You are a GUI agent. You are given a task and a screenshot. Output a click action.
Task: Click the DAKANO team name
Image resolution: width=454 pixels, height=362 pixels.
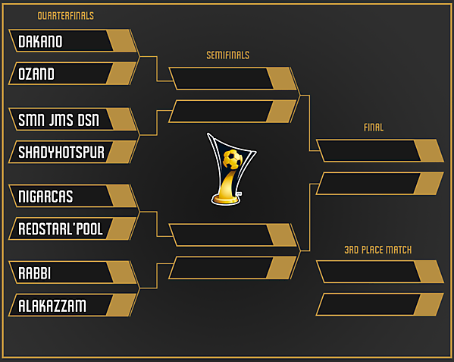40,41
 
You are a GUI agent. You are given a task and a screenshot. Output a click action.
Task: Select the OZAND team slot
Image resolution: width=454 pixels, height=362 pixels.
36,74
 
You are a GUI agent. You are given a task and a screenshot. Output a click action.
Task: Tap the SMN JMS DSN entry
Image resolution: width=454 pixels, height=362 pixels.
58,119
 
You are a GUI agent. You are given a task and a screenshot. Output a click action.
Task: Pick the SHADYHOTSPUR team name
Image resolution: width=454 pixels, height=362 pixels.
61,152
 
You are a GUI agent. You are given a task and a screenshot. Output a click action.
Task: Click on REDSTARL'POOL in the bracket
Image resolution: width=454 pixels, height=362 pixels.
61,228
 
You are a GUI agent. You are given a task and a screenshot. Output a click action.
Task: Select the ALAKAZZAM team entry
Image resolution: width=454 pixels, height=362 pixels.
52,305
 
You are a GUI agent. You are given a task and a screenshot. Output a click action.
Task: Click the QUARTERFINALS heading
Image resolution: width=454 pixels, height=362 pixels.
66,15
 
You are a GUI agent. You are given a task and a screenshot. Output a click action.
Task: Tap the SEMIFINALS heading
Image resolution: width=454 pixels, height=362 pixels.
227,55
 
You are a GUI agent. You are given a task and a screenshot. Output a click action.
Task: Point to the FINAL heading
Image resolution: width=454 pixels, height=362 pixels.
374,127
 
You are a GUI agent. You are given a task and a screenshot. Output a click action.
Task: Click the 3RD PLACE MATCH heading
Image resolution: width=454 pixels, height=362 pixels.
377,250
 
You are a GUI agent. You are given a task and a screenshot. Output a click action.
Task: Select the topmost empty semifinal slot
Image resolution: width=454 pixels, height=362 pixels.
220,79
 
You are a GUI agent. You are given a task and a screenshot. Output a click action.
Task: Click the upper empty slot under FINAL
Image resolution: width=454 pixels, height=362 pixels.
368,151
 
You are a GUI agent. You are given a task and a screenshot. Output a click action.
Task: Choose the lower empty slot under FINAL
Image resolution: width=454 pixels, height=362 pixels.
368,184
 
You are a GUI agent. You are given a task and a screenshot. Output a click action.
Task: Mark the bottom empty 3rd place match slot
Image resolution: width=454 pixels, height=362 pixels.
368,304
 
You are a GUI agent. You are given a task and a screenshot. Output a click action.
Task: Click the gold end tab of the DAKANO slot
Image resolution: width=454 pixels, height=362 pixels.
123,41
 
